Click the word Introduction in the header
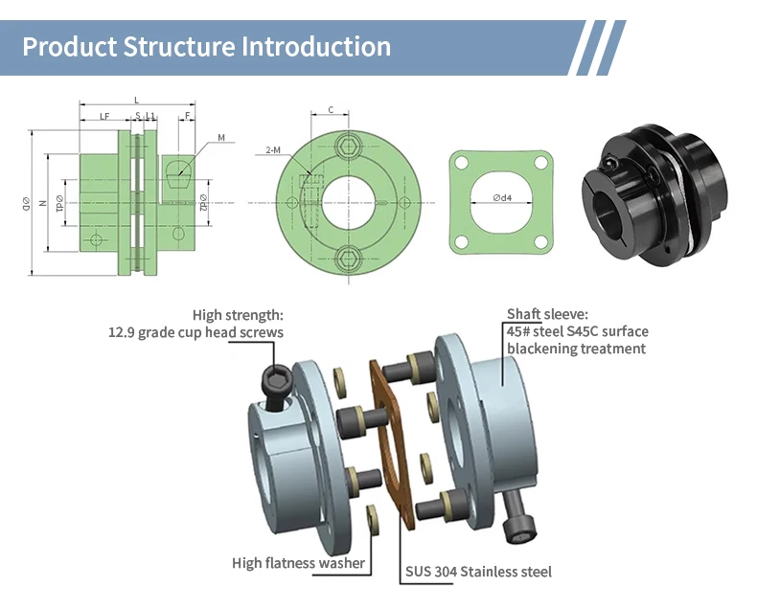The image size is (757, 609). (x=316, y=46)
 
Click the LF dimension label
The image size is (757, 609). (x=104, y=116)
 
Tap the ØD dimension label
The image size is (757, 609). (x=26, y=203)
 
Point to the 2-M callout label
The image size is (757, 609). (x=273, y=150)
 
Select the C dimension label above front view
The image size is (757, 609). (x=331, y=110)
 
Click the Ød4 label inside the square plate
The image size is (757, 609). (x=502, y=197)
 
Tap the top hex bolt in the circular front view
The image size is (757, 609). (x=348, y=146)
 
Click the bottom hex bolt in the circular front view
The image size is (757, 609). (x=348, y=260)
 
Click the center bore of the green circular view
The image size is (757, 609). (x=348, y=203)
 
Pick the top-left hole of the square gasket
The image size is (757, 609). (x=462, y=163)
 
